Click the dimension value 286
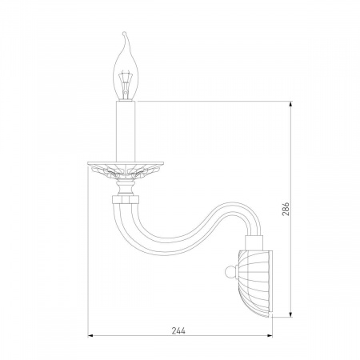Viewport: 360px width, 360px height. point(285,209)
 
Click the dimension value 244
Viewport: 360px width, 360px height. point(178,330)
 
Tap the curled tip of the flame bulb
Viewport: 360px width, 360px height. point(124,34)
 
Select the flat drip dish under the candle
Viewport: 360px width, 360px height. point(126,163)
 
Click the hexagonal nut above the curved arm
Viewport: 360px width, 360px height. point(126,199)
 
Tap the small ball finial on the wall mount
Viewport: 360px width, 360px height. point(230,272)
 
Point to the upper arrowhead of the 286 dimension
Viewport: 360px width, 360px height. point(290,104)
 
